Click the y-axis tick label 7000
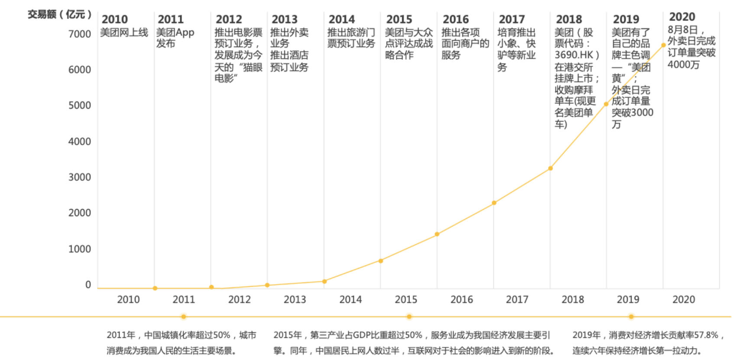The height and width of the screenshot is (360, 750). tap(79, 34)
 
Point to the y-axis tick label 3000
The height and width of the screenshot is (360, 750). tap(79, 177)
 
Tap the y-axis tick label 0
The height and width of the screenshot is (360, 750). tap(88, 285)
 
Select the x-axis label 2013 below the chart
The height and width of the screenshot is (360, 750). tap(295, 299)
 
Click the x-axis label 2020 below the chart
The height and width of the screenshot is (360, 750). tap(683, 299)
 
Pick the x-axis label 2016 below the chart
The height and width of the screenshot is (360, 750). tap(461, 299)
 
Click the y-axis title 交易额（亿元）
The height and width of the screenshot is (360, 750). tap(59, 14)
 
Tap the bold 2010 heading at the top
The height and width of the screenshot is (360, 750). tap(114, 19)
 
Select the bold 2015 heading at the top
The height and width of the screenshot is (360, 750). tap(399, 19)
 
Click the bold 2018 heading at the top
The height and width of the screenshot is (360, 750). tap(569, 19)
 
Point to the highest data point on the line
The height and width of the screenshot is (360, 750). tap(663, 45)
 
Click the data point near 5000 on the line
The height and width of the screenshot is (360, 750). tap(606, 104)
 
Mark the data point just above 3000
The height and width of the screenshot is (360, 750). tap(550, 168)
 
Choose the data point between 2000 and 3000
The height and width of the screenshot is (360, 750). tap(494, 203)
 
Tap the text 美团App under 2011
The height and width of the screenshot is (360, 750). tap(175, 32)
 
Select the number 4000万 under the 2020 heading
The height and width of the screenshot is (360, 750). tap(683, 65)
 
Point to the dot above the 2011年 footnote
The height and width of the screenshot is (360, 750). tap(184, 317)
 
